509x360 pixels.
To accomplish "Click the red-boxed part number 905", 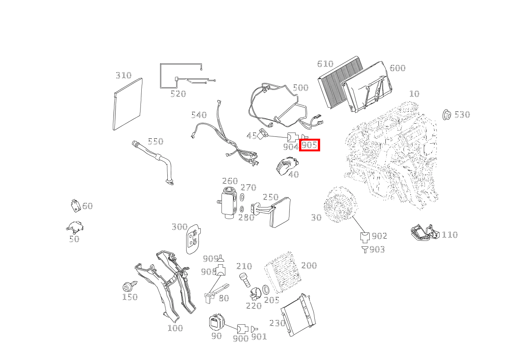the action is click(x=309, y=145).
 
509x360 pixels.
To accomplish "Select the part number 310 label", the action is click(x=124, y=75).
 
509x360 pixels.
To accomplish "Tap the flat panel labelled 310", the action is click(x=128, y=104).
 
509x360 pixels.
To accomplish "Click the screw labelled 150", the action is click(x=128, y=287).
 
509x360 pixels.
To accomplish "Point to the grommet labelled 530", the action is click(x=446, y=114).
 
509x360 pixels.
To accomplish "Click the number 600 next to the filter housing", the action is click(x=397, y=68).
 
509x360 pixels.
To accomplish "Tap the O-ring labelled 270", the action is click(x=242, y=197).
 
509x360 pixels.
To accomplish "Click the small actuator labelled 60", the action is click(x=76, y=206).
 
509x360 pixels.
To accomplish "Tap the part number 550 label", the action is click(x=155, y=141).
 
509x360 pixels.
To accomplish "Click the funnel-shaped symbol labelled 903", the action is click(x=365, y=250).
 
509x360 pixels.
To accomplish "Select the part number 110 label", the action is click(x=450, y=235).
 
